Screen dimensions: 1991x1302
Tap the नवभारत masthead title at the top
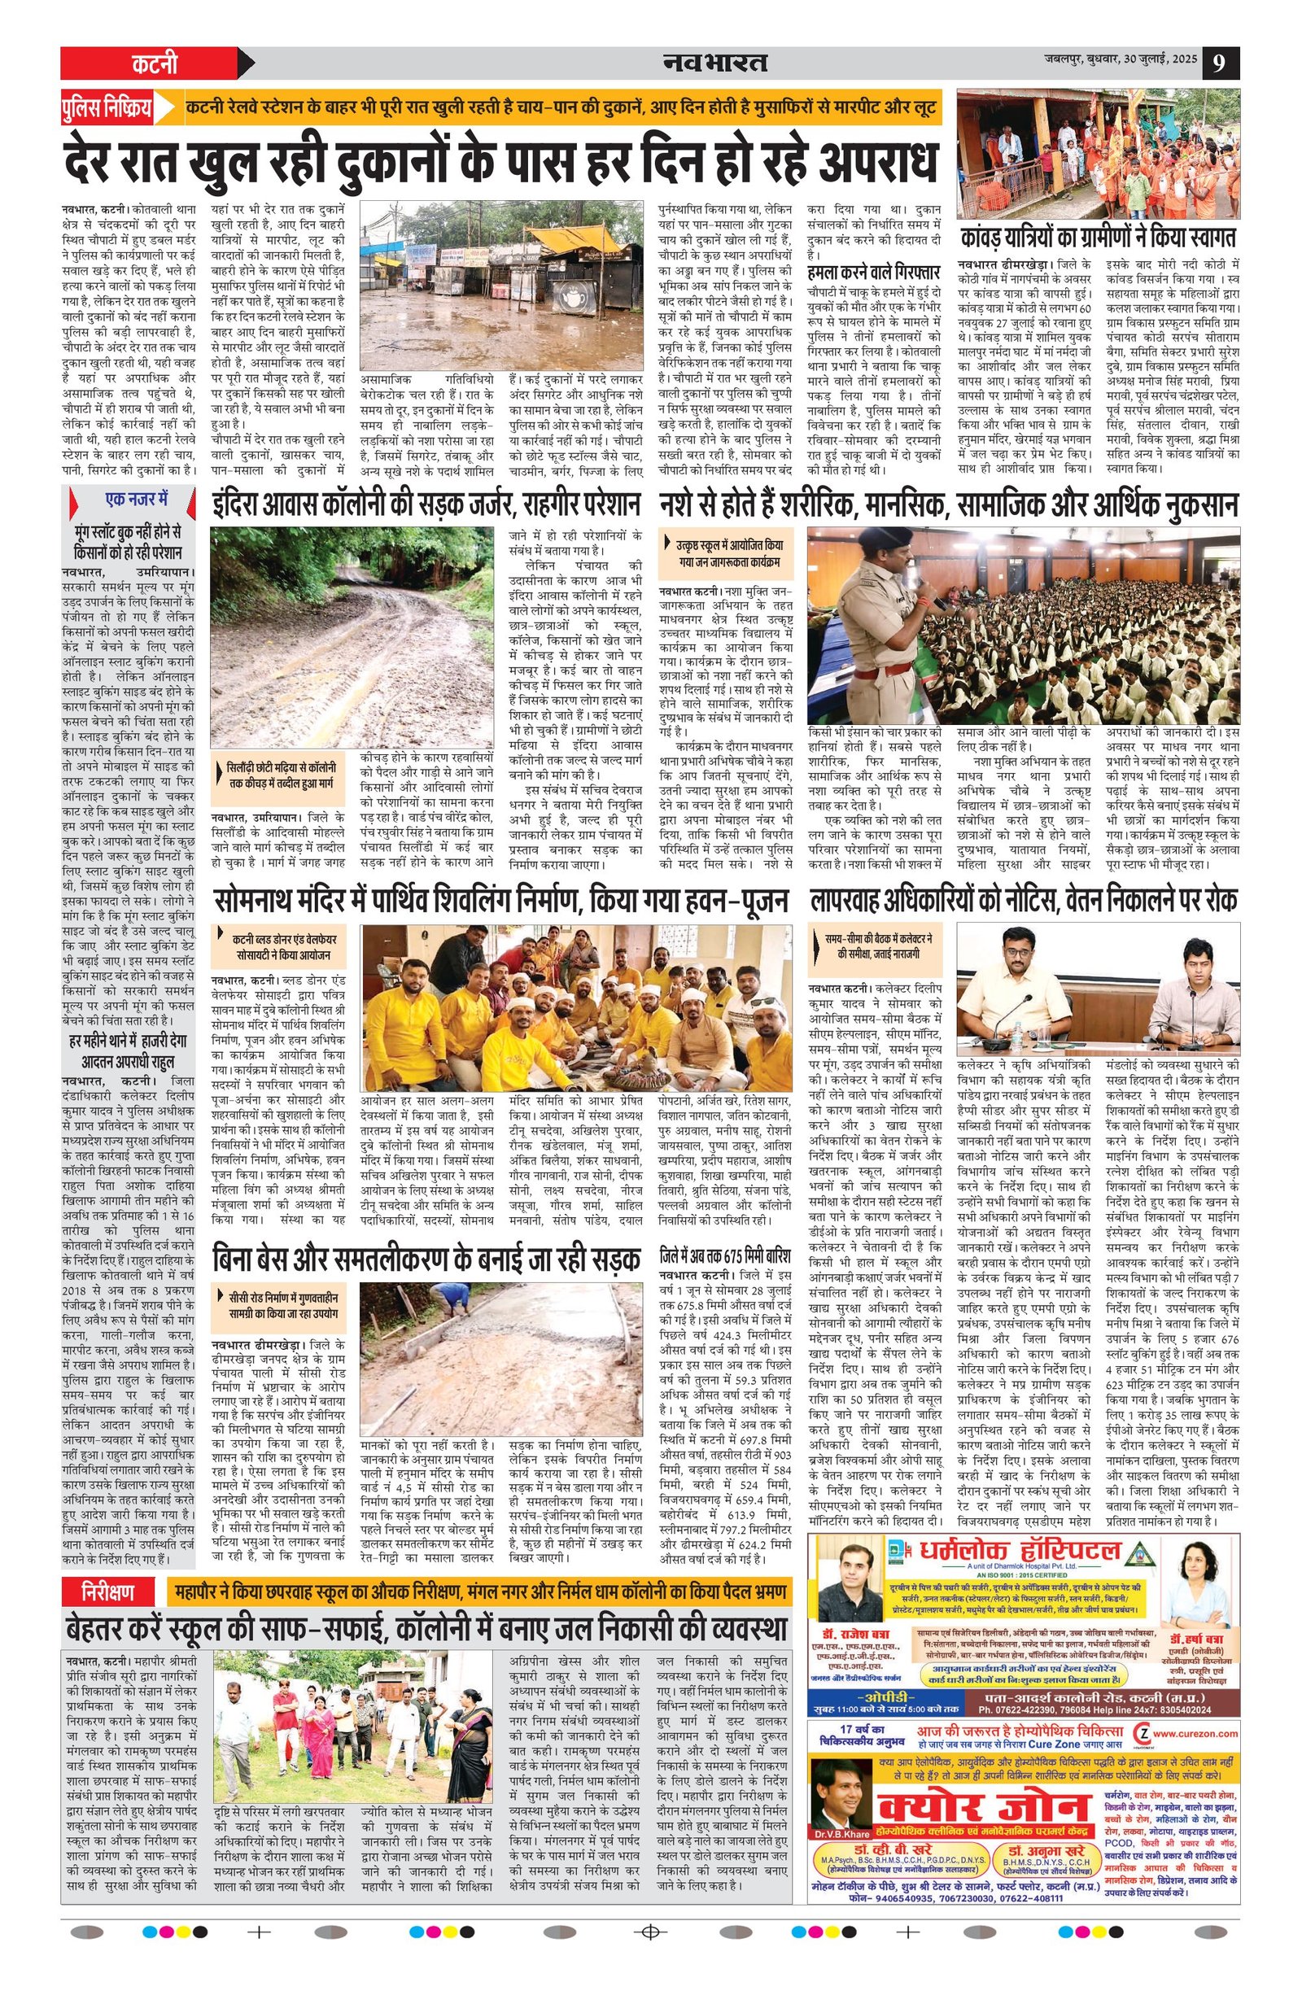coord(714,62)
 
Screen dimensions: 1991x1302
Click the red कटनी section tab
coord(154,63)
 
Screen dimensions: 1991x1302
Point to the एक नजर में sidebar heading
coord(137,500)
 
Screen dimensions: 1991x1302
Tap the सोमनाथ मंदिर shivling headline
coord(500,900)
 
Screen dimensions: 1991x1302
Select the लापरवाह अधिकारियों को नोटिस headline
coord(1023,900)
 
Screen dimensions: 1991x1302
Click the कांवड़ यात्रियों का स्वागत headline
coord(1097,234)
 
